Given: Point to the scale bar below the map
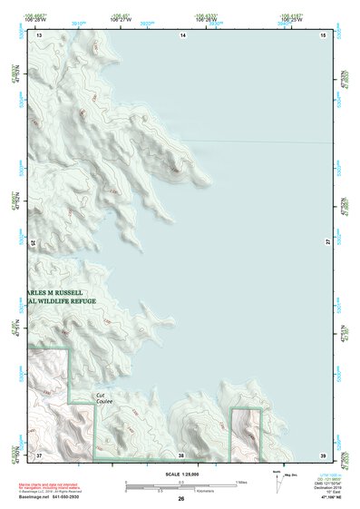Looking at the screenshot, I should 180,487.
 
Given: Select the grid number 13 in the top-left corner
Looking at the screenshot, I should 39,34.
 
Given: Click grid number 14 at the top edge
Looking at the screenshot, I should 182,34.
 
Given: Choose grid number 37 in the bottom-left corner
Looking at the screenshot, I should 39,454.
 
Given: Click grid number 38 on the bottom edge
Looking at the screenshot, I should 181,454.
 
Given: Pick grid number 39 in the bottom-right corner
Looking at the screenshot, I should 323,454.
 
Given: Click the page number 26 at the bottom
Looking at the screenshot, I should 180,498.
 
